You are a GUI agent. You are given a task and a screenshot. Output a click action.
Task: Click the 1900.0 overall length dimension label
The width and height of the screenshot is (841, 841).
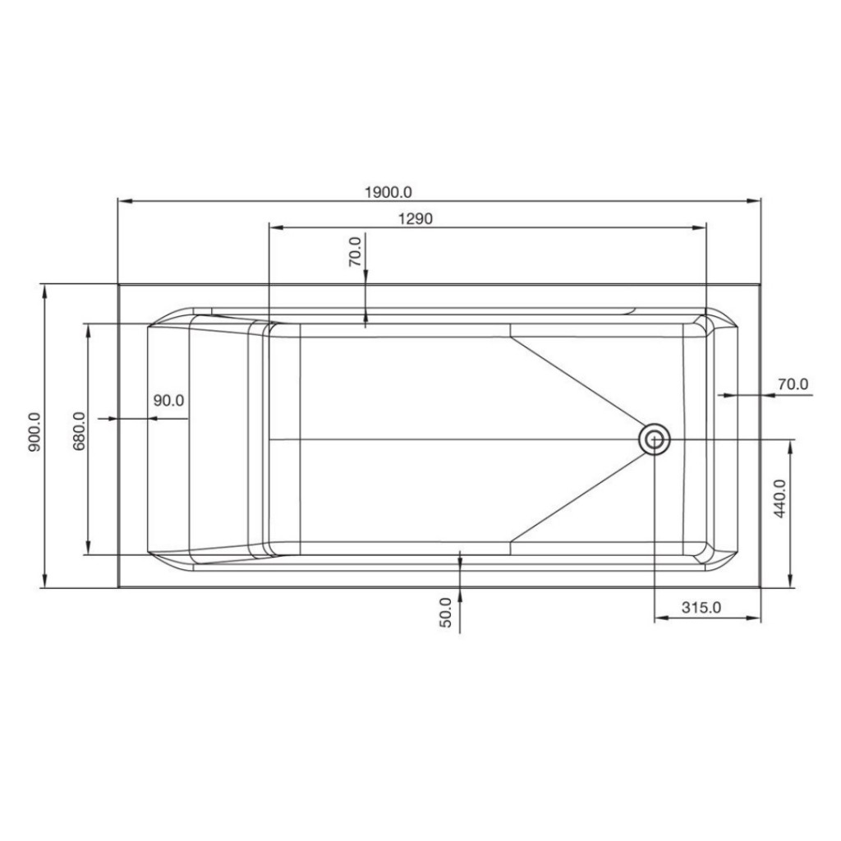click(x=388, y=191)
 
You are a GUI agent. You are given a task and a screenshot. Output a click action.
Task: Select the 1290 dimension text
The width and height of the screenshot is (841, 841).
click(x=416, y=218)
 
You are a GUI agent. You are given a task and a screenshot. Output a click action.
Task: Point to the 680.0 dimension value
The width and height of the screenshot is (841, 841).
click(x=79, y=431)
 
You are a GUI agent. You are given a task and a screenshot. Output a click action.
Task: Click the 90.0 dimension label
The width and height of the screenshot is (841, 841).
click(x=169, y=401)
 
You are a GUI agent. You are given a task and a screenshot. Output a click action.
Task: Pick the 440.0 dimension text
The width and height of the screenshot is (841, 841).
click(x=780, y=498)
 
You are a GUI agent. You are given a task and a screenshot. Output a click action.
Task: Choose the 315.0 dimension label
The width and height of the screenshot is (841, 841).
click(x=701, y=608)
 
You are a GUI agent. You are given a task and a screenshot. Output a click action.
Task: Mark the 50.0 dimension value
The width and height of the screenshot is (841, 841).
click(x=446, y=613)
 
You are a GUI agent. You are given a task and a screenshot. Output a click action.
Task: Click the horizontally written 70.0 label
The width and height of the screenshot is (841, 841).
click(x=793, y=384)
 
